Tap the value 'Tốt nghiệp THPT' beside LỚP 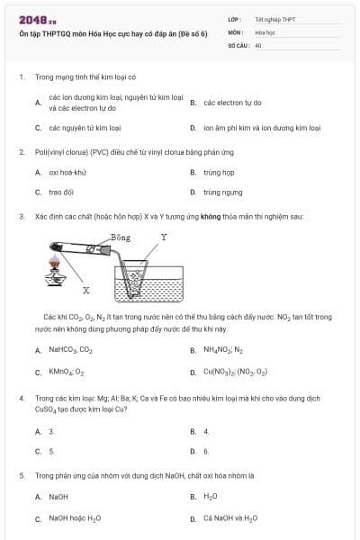(275, 18)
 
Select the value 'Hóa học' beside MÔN (265, 31)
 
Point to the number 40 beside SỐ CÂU (258, 44)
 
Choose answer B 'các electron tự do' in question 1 (232, 103)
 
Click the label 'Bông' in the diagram (121, 238)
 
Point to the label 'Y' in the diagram (163, 238)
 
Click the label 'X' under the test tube (86, 291)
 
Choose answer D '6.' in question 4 (206, 451)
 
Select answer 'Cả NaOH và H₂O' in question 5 (230, 518)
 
